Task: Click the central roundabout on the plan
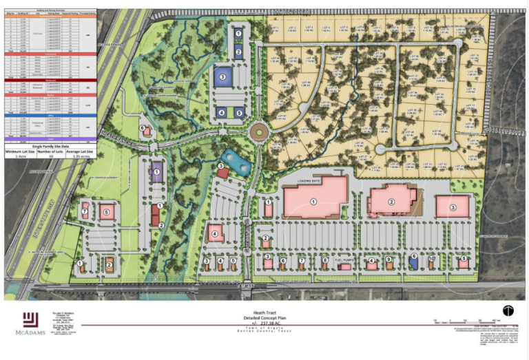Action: coord(260,131)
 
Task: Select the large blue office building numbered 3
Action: coord(222,76)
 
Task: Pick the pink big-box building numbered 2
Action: coord(391,202)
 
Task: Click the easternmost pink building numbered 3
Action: coord(453,207)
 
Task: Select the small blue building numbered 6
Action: coord(413,260)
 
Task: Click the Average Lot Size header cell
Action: coord(80,150)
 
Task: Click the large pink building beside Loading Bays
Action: coord(314,202)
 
